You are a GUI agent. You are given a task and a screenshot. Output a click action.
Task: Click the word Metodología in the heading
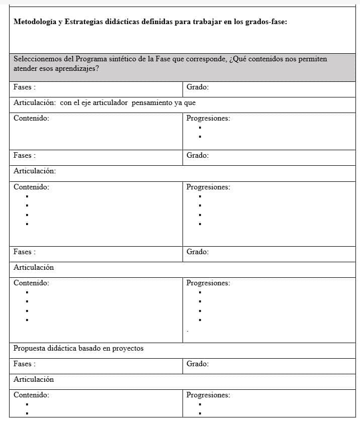35,22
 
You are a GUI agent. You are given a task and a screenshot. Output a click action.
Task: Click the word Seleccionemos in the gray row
39,59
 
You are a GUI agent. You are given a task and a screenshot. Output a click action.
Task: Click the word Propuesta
29,348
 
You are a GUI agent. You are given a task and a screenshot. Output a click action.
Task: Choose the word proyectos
128,348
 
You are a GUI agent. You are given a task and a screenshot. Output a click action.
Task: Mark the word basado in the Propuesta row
90,348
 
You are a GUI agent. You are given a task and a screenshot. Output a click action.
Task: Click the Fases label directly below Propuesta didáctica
24,364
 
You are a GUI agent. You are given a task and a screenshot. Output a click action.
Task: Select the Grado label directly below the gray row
197,87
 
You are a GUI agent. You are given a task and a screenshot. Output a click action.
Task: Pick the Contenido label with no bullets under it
31,119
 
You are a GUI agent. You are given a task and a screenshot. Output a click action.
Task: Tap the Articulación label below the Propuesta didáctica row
33,379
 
